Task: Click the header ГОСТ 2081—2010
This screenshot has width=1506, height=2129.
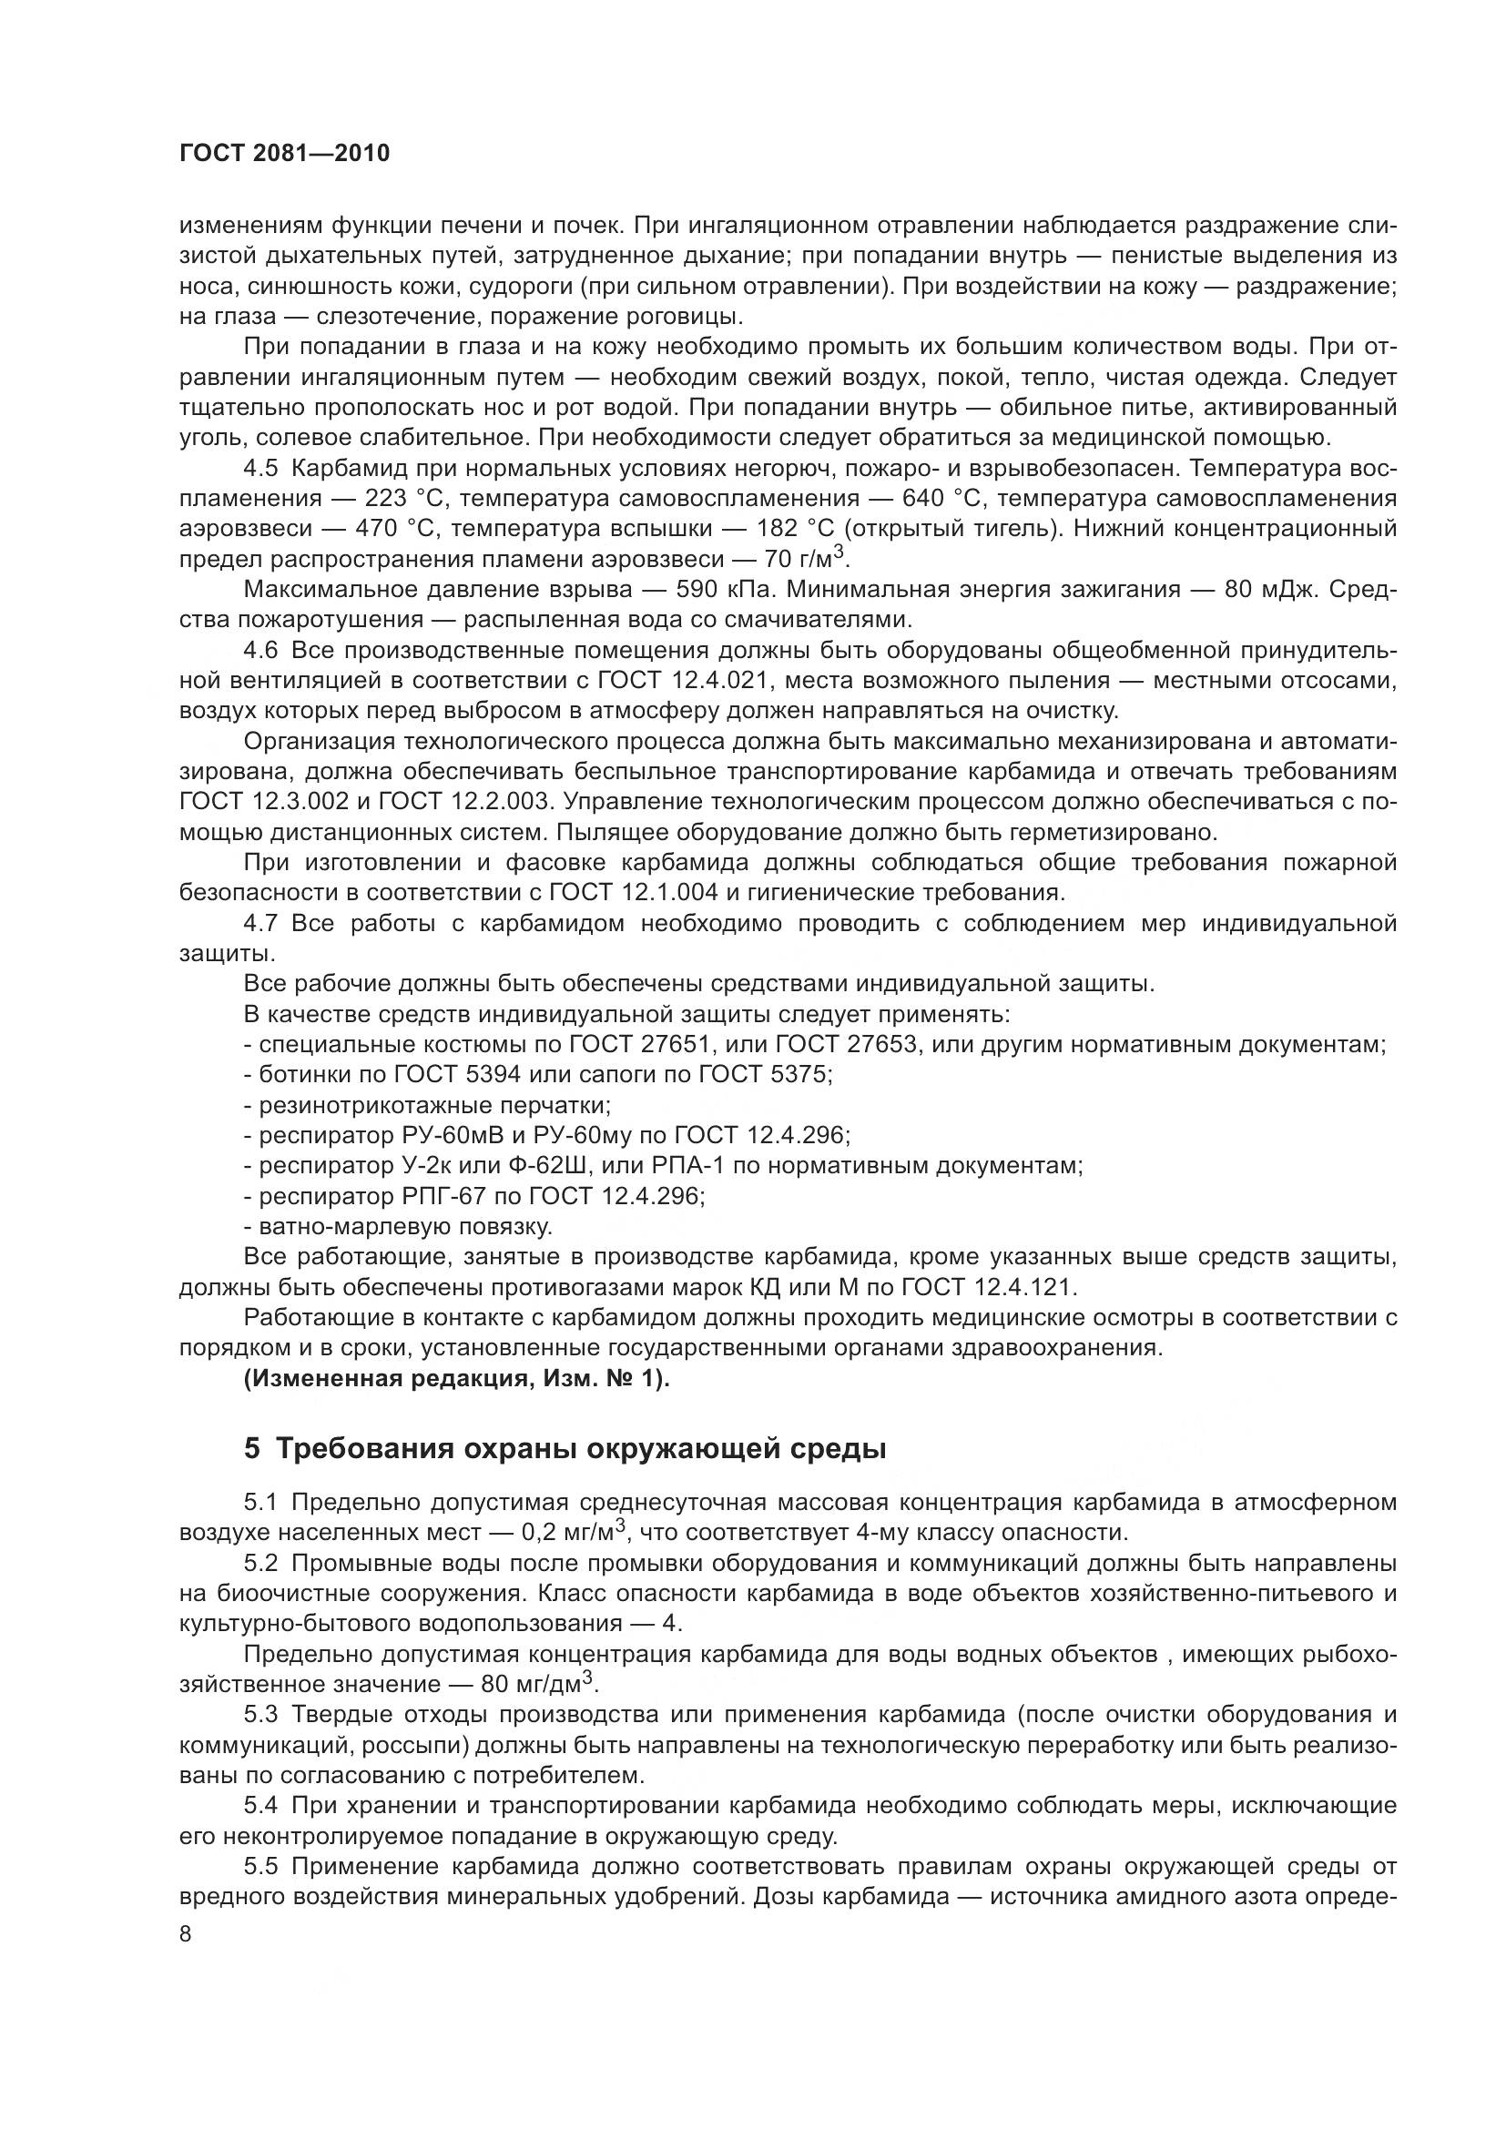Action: tap(284, 154)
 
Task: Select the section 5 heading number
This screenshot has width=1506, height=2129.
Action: tap(252, 1448)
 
